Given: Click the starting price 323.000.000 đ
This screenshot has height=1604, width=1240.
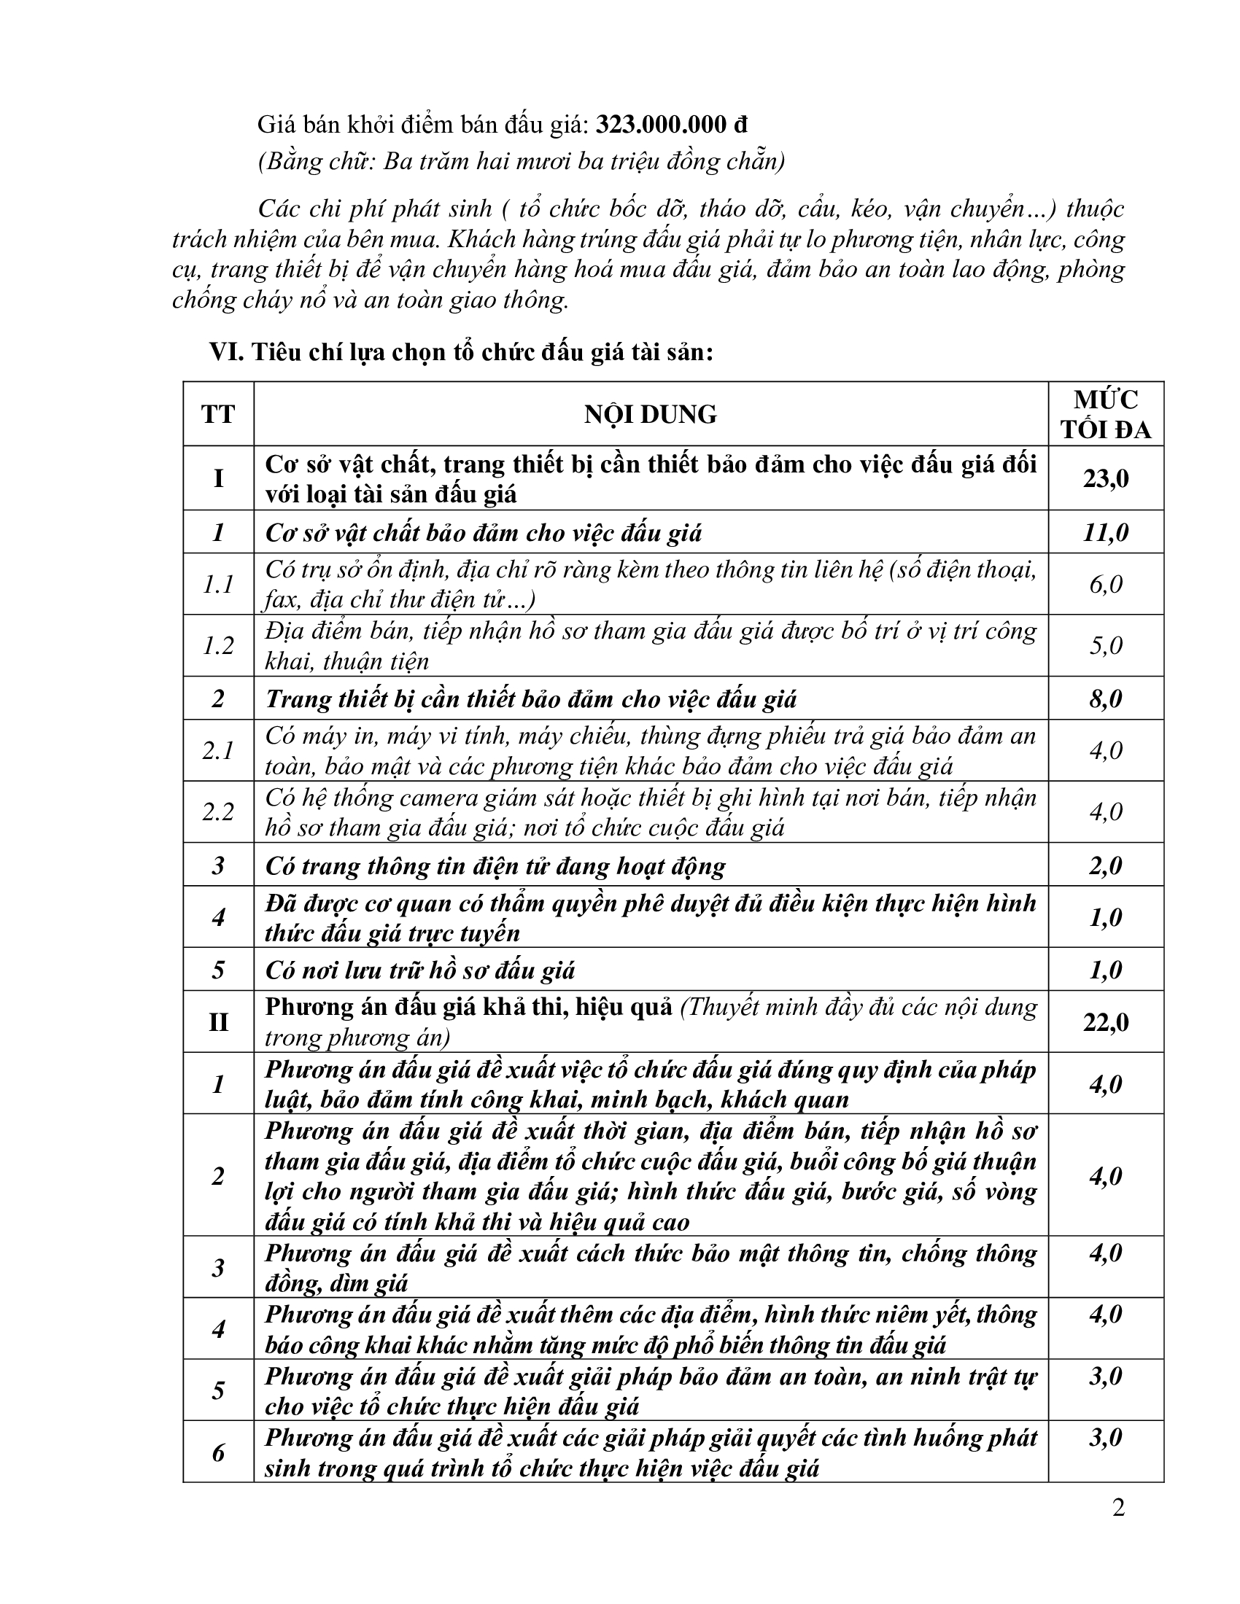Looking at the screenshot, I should (x=670, y=125).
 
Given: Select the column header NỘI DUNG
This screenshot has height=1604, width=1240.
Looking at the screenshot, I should (x=650, y=414).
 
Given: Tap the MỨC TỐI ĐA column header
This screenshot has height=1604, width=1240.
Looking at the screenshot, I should (x=1106, y=414).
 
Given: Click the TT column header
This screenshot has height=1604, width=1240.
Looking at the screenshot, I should (x=218, y=414).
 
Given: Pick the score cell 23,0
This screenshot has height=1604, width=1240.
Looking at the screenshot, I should (x=1106, y=479).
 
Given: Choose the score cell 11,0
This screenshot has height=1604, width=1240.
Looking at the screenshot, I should (x=1106, y=532).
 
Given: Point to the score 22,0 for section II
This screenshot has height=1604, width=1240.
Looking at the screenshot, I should (x=1106, y=1022).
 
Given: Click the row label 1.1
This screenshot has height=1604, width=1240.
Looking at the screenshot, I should (x=218, y=585).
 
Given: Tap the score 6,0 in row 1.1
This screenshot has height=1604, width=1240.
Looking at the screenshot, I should (x=1106, y=585).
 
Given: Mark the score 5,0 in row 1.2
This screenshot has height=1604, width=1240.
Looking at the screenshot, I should (x=1106, y=645).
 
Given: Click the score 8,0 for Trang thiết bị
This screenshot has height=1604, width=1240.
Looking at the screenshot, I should (x=1106, y=698).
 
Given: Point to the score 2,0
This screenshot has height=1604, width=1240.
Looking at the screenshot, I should (x=1106, y=866).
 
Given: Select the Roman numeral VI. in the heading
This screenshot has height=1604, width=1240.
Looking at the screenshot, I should (x=226, y=353).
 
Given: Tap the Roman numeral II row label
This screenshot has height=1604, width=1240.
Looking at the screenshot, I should (x=218, y=1022).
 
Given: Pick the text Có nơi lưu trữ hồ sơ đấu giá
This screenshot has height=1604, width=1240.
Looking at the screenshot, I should (x=419, y=971).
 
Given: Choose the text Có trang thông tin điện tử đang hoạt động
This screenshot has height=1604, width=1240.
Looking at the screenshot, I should (x=495, y=866).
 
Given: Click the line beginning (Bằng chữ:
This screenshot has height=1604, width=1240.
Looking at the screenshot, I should (x=521, y=161).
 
